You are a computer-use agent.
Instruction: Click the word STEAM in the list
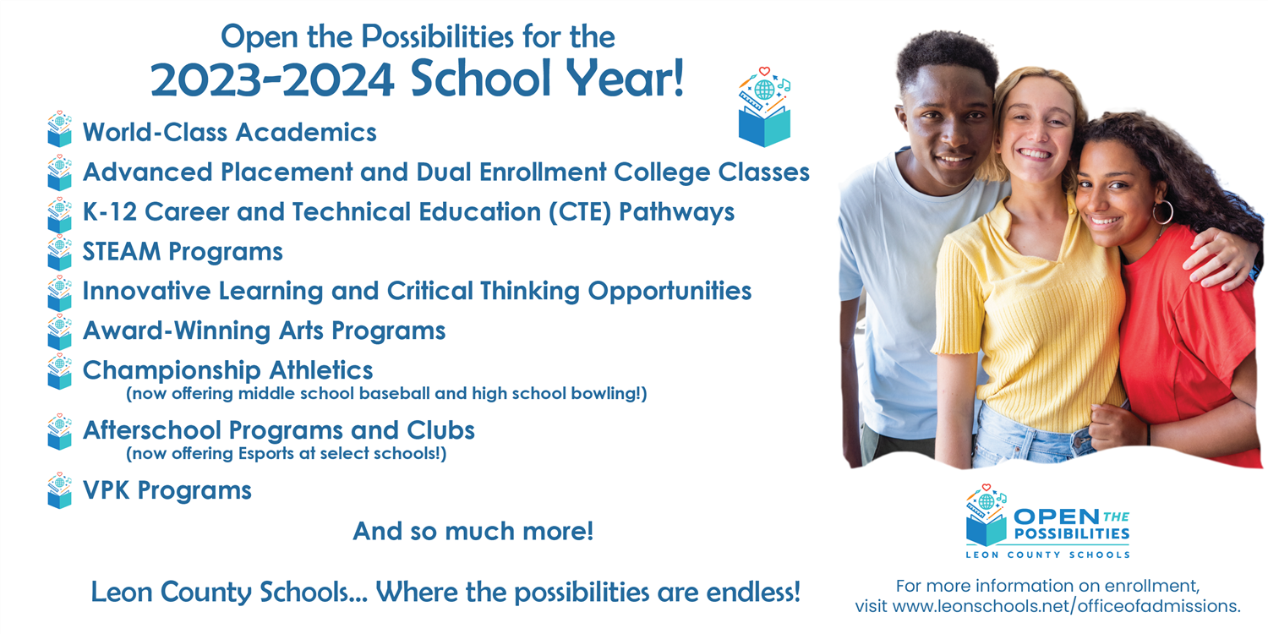point(121,252)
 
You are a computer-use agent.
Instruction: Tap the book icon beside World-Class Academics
point(59,129)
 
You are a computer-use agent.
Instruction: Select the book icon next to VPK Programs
point(59,490)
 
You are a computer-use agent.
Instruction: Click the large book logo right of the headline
point(765,107)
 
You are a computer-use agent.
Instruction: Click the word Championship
point(172,372)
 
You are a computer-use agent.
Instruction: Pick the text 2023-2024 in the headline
point(272,79)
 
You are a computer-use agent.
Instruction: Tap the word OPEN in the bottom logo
point(1057,516)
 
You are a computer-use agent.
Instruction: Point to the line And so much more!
point(473,532)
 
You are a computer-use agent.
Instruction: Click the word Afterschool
point(151,430)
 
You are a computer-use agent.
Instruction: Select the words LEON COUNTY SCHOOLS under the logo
point(1048,555)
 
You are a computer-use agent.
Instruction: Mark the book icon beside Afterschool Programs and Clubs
point(59,431)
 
